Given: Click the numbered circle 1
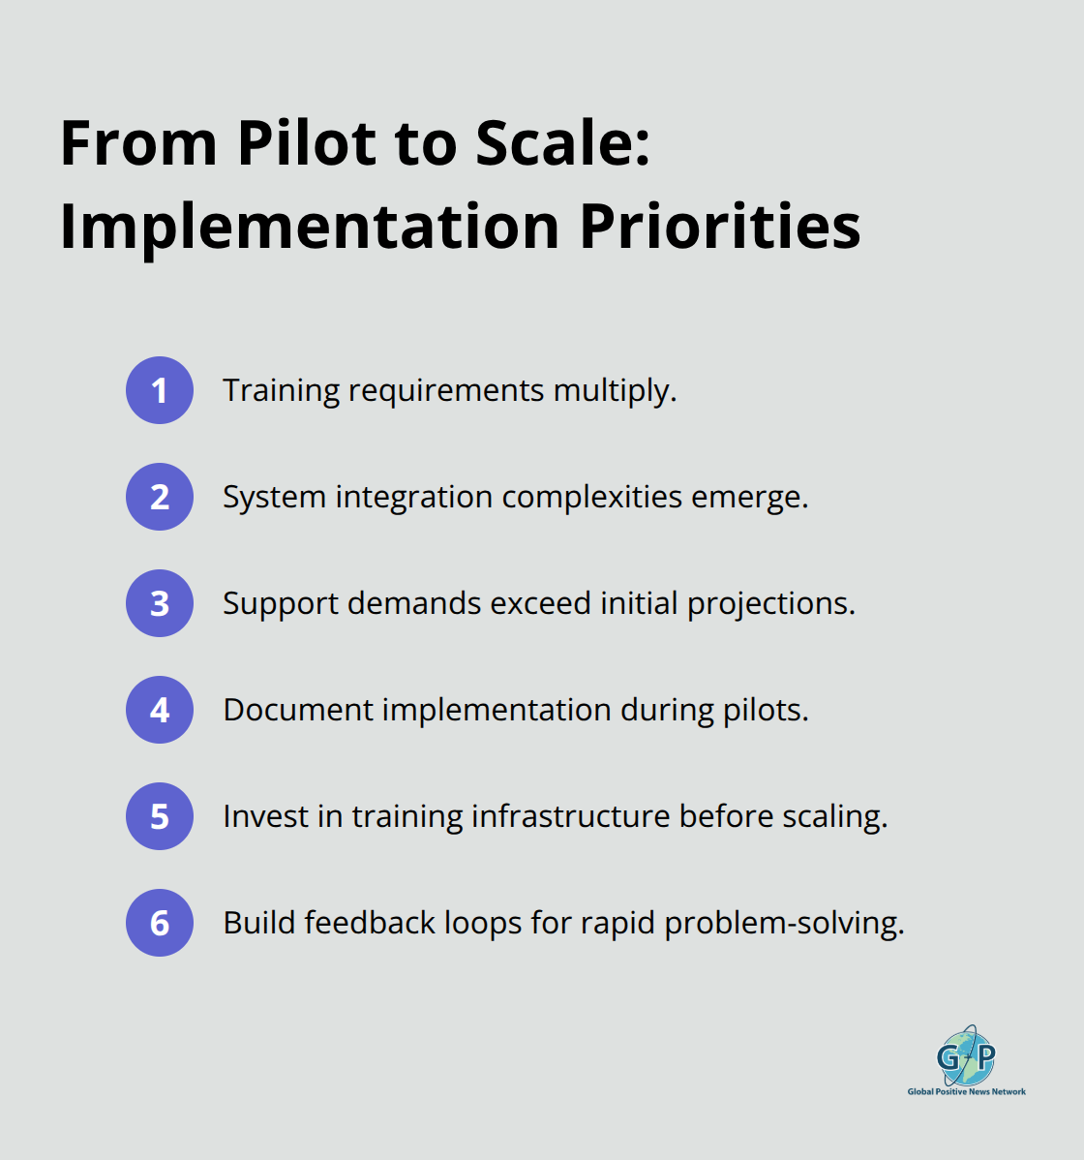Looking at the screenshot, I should (160, 390).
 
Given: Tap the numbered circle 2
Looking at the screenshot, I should (160, 497).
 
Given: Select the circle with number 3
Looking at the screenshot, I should (160, 603).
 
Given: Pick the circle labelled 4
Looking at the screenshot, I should (160, 710).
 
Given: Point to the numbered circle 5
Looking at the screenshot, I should (160, 816).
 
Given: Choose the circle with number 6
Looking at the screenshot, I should (160, 923).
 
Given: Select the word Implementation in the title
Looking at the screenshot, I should (310, 227).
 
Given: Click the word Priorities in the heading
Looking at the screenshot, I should (720, 227).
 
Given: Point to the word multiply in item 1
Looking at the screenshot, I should (615, 391).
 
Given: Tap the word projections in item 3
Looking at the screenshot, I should (770, 604).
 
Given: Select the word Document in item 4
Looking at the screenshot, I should (298, 710).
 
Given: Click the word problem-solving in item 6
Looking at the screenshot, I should (784, 924).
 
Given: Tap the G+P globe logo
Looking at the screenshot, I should (966, 1055).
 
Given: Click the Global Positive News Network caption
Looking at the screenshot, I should (966, 1091).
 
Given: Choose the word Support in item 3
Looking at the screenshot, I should (281, 604).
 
